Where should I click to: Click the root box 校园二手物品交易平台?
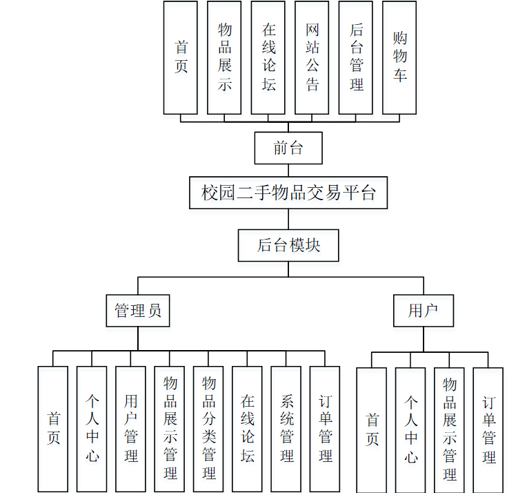pos(288,193)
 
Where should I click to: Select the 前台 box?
pos(288,148)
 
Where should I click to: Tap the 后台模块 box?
pos(288,245)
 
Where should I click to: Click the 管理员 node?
pos(138,311)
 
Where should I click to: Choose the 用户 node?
pos(424,311)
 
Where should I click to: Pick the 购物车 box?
pos(399,57)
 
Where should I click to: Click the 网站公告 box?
pos(312,57)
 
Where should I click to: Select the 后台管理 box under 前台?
pos(356,57)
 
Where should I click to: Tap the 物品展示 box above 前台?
pos(224,57)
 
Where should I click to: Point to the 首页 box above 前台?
pos(181,57)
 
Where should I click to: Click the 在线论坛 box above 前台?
pos(268,57)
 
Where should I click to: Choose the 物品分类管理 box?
pos(208,429)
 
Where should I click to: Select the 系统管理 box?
pos(286,429)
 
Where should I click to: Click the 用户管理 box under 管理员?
pos(131,429)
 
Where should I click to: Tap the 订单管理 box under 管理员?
pos(325,429)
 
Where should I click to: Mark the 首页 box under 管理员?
pos(53,429)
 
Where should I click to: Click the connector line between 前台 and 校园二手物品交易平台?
pos(288,171)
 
